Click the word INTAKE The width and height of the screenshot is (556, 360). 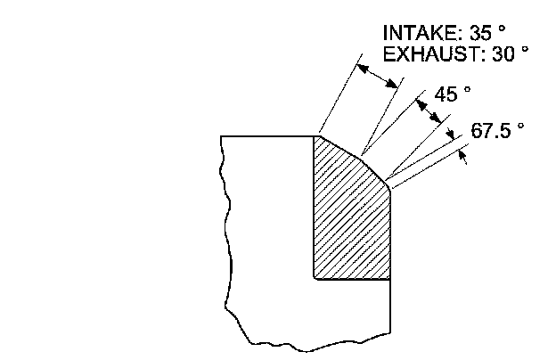(x=415, y=33)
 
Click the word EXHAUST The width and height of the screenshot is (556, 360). (x=422, y=53)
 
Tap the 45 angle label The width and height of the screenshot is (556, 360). (x=446, y=93)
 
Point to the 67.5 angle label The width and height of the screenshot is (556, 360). (x=489, y=130)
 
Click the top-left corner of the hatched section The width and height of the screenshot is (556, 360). (x=315, y=135)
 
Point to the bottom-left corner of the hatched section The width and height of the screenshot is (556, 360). (x=315, y=279)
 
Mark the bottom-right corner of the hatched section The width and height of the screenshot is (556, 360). (x=390, y=279)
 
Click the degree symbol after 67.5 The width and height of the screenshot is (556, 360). (x=520, y=126)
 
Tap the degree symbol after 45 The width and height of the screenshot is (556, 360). (x=467, y=88)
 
